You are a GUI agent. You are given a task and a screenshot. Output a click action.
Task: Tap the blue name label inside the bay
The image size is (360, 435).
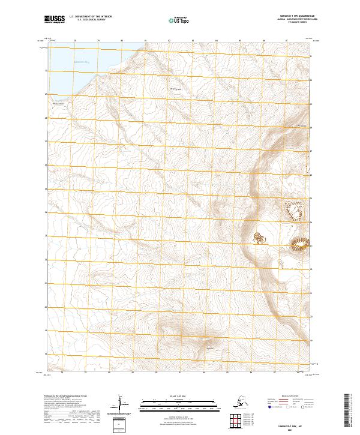(x=81, y=61)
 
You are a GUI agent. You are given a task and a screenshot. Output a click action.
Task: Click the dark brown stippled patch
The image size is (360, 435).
(x=259, y=238)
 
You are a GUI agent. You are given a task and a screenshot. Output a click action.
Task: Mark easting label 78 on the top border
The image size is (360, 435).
(x=74, y=41)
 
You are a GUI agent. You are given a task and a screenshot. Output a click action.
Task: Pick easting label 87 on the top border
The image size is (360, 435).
(x=287, y=41)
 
